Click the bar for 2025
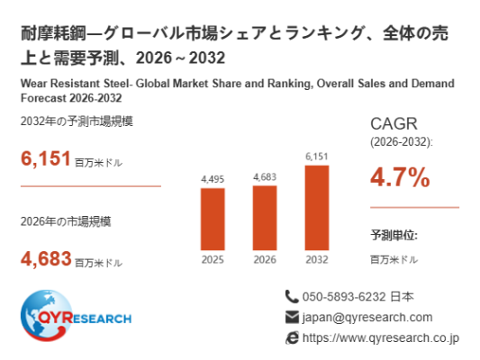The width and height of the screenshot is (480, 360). point(213,219)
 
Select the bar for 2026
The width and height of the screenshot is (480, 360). point(265,218)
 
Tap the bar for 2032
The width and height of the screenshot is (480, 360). point(317,208)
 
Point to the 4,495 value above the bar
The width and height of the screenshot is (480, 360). point(213,179)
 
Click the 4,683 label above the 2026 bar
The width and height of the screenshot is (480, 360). point(265,177)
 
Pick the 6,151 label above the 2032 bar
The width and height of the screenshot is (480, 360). point(317,157)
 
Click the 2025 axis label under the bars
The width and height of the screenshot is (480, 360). point(213,260)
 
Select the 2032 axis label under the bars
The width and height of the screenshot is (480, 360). point(317,260)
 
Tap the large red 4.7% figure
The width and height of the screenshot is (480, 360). point(400,177)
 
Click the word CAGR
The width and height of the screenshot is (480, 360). point(394,124)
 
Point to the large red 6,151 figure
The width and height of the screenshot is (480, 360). point(46,158)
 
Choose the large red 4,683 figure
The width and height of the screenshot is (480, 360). point(46,259)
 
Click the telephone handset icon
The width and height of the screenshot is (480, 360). point(292,297)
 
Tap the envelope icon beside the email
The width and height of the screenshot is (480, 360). point(292,317)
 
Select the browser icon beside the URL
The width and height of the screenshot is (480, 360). point(292,338)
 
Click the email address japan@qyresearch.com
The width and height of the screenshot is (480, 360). point(367,318)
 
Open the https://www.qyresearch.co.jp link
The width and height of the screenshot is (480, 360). point(381,338)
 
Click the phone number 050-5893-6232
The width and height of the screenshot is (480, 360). point(344,297)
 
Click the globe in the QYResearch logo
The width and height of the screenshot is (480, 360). point(46,315)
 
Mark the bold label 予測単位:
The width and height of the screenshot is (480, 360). point(394,235)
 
